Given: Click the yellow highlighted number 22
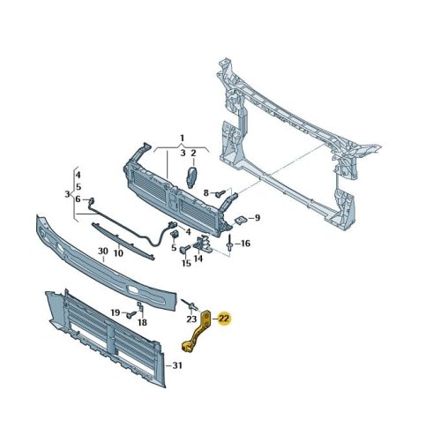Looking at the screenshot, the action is coord(224,319).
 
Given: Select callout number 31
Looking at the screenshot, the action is coord(177,365).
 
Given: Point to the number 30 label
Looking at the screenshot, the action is coord(103,252).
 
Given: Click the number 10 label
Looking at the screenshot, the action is coord(118,253).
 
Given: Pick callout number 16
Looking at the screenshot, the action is coord(245,244).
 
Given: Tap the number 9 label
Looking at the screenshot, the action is coord(258,218).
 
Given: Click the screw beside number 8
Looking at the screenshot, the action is coord(220,193).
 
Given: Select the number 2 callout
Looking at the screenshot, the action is coord(193,154).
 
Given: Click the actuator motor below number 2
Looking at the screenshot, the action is coord(191,177).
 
